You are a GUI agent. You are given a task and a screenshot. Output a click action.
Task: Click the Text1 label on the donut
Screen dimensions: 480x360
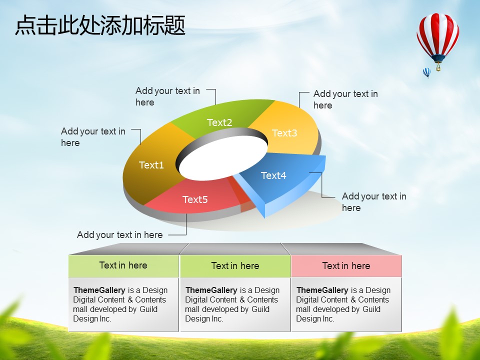pos(151,165)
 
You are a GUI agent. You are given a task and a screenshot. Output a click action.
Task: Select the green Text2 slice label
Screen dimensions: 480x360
pos(219,123)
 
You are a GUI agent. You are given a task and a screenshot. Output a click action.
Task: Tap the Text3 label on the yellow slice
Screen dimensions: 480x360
pos(284,133)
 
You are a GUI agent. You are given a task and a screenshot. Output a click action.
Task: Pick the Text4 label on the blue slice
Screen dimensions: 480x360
pos(273,175)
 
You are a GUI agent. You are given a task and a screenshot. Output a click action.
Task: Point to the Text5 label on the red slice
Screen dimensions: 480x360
pos(195,199)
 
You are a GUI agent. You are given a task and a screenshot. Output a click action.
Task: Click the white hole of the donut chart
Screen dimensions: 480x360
pos(223,158)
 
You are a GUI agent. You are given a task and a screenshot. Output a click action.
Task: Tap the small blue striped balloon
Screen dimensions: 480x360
pos(426,72)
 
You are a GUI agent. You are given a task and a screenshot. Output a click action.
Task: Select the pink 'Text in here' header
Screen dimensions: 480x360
pos(346,265)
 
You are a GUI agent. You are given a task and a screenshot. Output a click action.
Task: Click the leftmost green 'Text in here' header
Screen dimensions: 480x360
pos(123,265)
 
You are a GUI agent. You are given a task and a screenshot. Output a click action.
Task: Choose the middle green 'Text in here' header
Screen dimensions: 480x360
pos(235,265)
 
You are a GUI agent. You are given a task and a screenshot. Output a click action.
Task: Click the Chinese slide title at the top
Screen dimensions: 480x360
pos(100,25)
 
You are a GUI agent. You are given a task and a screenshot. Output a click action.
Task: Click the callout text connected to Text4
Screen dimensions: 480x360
pos(374,202)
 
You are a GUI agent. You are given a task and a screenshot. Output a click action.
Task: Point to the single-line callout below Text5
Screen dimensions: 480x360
pos(119,235)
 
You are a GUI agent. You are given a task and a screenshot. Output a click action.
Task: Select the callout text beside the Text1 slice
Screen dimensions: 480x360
pos(93,137)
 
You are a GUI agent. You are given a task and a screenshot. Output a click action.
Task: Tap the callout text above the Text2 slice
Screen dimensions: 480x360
pos(167,96)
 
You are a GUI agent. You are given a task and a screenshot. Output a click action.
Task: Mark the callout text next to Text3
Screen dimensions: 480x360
pos(345,99)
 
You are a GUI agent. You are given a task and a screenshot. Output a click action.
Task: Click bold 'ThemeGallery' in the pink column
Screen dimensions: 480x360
pos(322,290)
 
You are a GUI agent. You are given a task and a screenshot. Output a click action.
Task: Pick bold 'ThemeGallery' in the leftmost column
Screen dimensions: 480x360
pos(99,290)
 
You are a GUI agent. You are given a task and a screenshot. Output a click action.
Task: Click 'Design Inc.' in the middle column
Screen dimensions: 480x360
pos(204,318)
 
